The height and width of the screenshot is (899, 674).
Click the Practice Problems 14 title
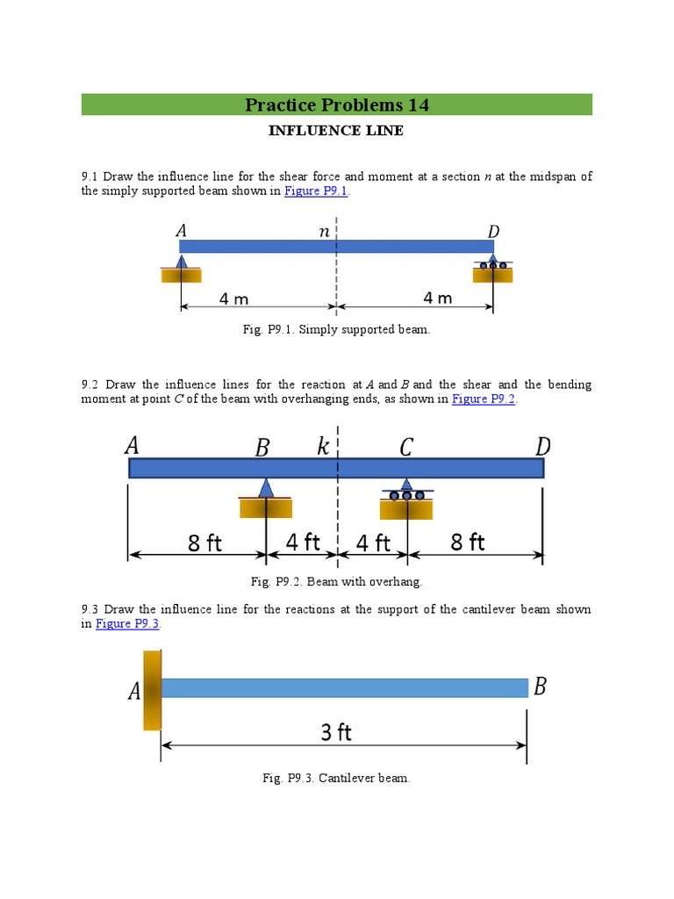337,105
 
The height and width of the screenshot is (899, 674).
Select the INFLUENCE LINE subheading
337,131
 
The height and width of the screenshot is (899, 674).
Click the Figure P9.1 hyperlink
316,191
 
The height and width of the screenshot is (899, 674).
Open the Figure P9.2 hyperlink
484,399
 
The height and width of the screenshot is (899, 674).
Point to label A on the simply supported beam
182,231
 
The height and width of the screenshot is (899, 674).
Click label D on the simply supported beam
493,232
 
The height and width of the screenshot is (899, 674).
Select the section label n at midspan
324,233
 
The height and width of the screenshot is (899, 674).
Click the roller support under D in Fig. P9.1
492,264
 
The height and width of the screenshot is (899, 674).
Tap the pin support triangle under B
266,489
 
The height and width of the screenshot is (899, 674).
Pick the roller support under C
406,491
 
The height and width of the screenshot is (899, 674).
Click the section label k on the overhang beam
323,448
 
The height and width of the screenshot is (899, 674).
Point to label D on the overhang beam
543,447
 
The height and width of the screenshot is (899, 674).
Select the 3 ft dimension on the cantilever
336,731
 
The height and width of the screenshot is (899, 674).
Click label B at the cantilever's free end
540,687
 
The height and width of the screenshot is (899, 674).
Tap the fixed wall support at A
153,690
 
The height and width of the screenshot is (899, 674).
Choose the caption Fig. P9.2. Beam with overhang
337,581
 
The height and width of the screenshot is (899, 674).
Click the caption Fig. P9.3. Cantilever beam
337,778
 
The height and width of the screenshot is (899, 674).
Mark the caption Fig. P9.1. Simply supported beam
337,329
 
